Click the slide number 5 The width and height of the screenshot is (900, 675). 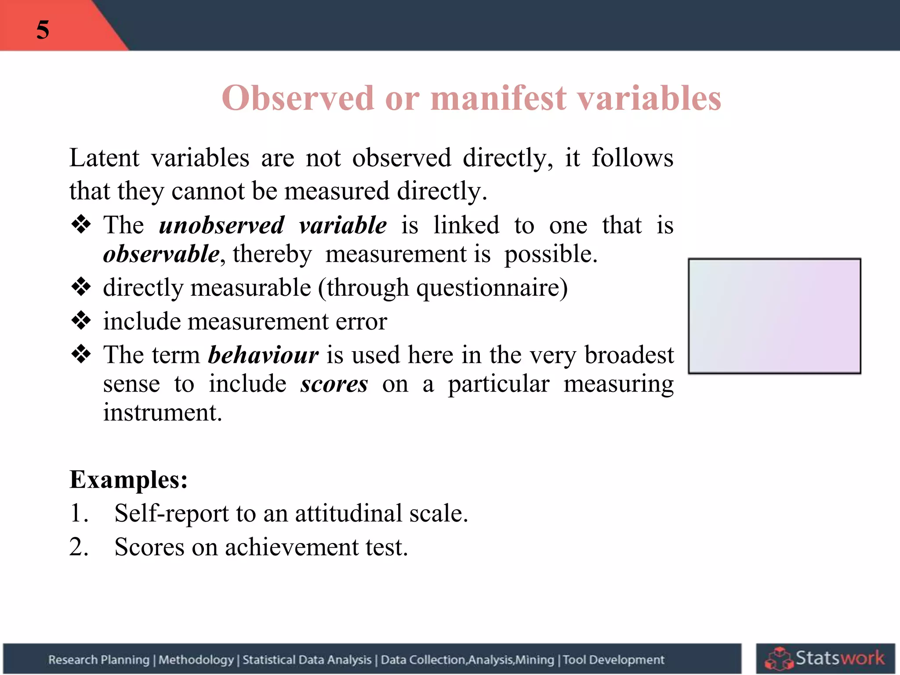coord(43,30)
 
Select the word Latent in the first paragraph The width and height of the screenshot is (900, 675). coord(104,158)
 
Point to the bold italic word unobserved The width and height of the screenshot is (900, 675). coord(221,225)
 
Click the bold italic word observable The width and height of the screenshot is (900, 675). coord(161,254)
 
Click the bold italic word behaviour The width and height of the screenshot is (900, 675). coord(263,355)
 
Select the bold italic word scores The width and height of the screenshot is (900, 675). coord(334,384)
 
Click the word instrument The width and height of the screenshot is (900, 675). coord(163,413)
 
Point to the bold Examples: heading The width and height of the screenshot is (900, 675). coord(129,479)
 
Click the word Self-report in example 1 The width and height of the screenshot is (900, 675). coord(171,513)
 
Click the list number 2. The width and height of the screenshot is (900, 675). coord(78,548)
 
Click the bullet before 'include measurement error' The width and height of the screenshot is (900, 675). coord(81,321)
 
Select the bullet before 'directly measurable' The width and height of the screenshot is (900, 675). coord(81,287)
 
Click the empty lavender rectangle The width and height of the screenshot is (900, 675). coord(774,316)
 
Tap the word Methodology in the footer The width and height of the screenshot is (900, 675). coord(196,660)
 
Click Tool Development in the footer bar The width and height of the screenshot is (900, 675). coord(613,660)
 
